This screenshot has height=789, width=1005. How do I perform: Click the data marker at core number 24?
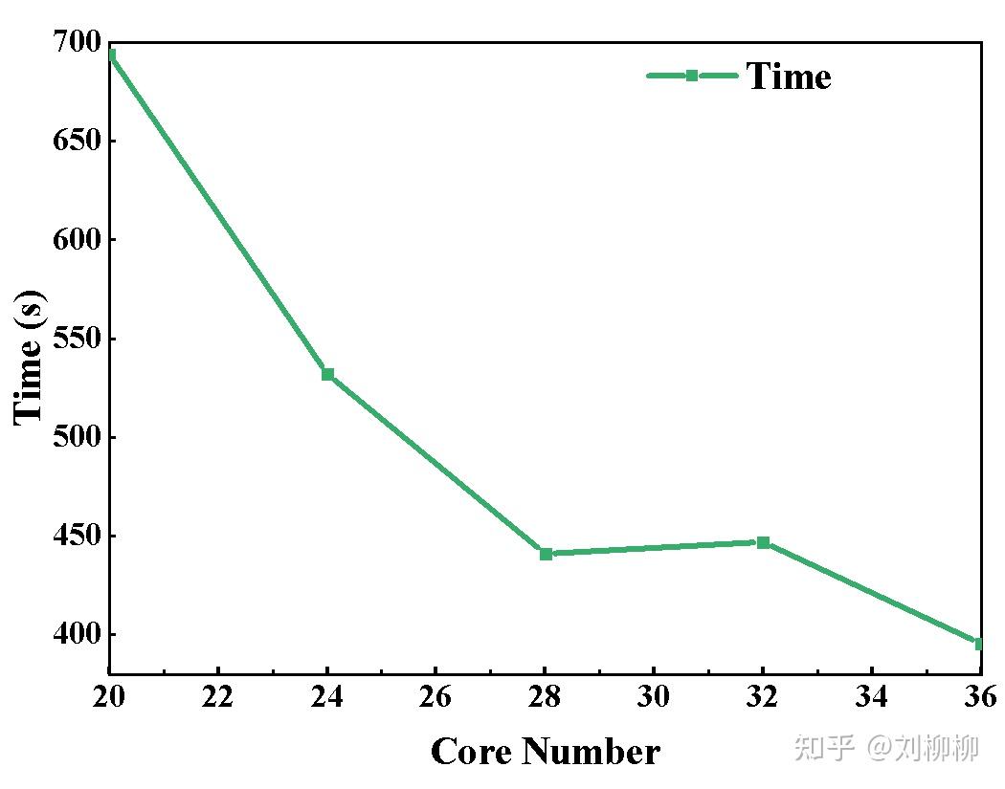[327, 374]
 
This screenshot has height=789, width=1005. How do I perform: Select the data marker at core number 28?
[546, 554]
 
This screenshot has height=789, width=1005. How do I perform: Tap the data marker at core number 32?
[763, 542]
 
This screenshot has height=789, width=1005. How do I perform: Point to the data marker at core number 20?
[111, 55]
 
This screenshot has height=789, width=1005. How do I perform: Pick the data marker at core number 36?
[979, 644]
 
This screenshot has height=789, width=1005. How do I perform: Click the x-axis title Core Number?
[545, 752]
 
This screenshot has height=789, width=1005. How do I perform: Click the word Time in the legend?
[789, 77]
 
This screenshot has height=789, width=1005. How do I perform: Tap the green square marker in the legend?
[692, 76]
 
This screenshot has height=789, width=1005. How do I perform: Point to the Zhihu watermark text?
[886, 747]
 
